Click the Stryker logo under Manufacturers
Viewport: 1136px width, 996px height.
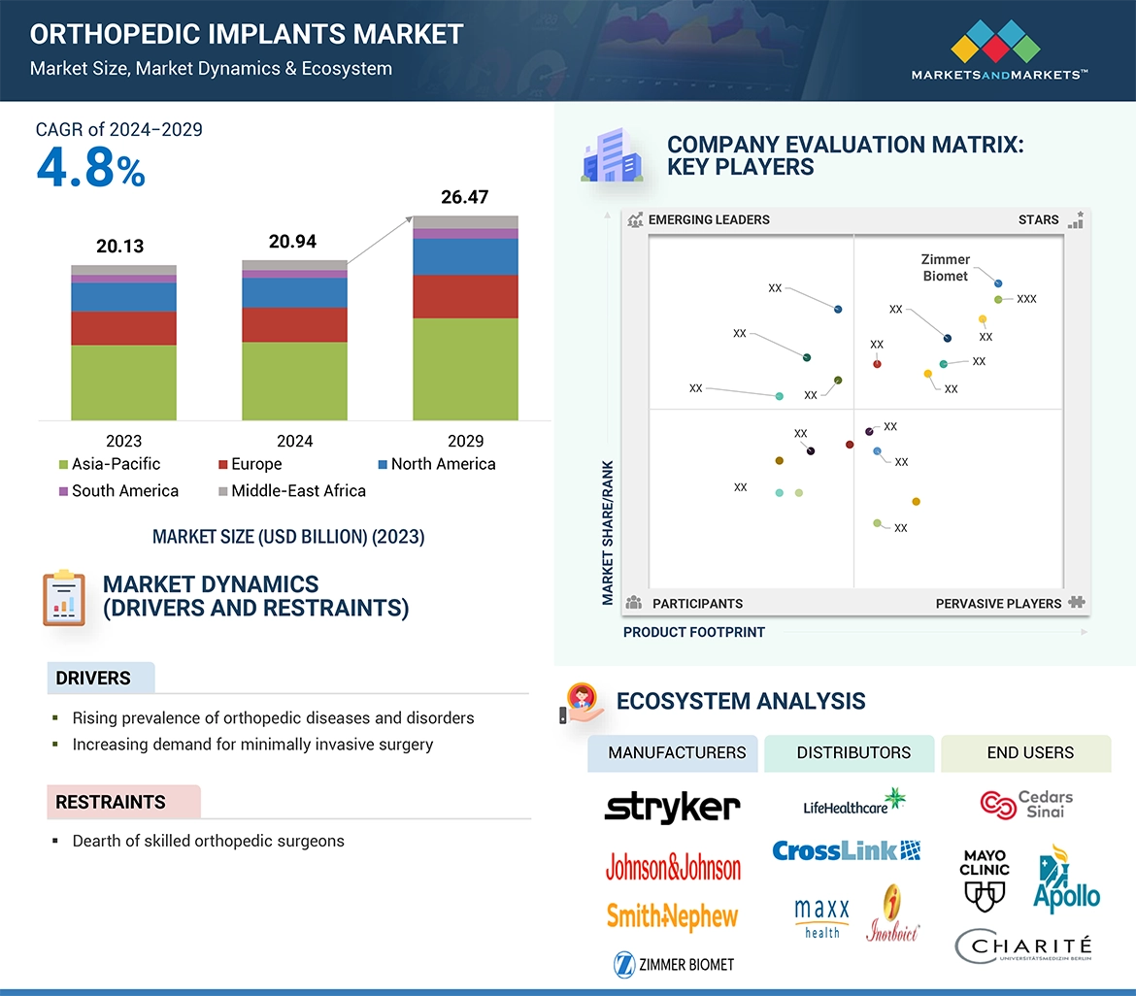point(672,807)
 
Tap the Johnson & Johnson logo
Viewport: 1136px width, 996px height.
point(673,866)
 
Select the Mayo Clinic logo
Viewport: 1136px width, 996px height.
point(985,880)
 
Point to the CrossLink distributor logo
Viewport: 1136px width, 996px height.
point(846,850)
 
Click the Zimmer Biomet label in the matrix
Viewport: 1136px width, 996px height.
point(945,268)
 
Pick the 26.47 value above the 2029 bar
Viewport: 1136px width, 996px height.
point(464,197)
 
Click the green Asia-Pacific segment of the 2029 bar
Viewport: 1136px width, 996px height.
point(465,369)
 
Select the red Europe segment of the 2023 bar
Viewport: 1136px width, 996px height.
point(123,328)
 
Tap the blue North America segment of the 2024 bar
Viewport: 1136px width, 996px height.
point(294,293)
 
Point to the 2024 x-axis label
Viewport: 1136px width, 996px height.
point(294,441)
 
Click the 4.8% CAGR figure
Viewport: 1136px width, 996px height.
point(90,168)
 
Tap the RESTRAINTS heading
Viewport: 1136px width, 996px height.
point(111,803)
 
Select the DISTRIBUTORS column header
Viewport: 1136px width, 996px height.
point(853,752)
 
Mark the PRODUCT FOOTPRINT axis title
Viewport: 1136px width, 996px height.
point(693,632)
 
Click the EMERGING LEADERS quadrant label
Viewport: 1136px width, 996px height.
point(708,219)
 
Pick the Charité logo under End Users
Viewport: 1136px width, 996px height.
point(1023,947)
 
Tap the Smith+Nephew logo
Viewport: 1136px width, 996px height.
point(672,915)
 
